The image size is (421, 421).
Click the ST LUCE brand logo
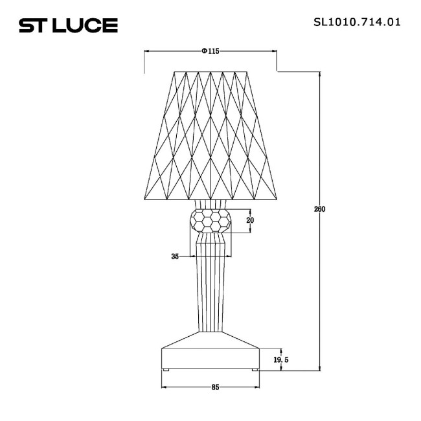click(68, 25)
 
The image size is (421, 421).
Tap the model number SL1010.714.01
click(356, 21)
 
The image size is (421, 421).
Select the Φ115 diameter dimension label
click(210, 51)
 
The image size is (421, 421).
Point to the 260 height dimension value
click(319, 209)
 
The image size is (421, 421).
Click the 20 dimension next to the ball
click(250, 220)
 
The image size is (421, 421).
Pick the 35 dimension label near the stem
click(174, 256)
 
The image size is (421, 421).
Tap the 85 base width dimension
click(215, 387)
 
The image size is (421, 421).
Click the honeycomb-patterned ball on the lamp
click(210, 221)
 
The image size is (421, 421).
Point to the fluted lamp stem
click(210, 285)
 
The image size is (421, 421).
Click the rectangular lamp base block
click(210, 358)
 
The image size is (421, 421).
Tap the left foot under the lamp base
click(166, 370)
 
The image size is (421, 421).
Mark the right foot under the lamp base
click(254, 370)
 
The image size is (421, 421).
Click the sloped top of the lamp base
click(210, 339)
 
